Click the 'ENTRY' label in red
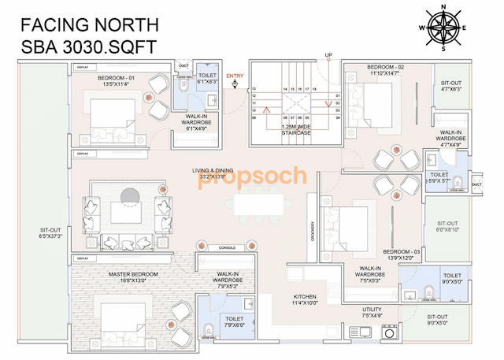(235, 76)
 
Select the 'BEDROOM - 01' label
(117, 78)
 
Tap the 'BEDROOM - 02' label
(386, 68)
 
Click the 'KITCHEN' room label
(305, 298)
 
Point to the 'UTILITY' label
(372, 309)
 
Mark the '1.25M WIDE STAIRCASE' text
(296, 129)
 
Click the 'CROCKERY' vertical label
(313, 232)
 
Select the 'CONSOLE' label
(228, 248)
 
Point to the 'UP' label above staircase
(328, 55)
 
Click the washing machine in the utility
(390, 332)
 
